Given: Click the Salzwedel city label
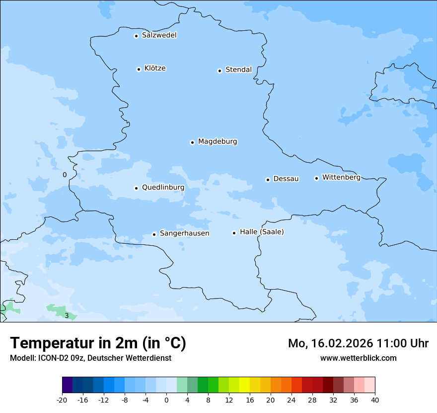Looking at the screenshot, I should (159, 35).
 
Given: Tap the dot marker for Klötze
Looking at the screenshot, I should (139, 69).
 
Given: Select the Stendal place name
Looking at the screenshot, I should (238, 70).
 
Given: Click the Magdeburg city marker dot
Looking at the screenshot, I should (192, 142).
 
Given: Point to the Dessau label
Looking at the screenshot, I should (286, 179).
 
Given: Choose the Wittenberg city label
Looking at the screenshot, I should (341, 178).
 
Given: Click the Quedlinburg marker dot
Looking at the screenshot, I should (136, 188).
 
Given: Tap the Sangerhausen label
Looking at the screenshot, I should (184, 233).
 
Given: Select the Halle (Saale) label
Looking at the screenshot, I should (262, 232).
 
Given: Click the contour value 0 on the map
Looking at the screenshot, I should (65, 175).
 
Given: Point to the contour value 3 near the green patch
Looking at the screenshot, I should (67, 315).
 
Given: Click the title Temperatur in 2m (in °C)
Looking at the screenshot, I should (98, 343).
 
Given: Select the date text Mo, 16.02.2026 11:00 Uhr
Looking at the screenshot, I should (358, 343).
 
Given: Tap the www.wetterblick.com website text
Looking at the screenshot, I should (358, 358).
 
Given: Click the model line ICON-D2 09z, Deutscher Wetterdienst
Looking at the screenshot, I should (90, 358).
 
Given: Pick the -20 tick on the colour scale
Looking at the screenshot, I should (62, 400).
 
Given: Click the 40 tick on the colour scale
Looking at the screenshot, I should (375, 400).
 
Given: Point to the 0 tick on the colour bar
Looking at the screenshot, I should (166, 400).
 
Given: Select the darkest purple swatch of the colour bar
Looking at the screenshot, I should (67, 385).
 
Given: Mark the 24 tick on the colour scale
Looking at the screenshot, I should (291, 400).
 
